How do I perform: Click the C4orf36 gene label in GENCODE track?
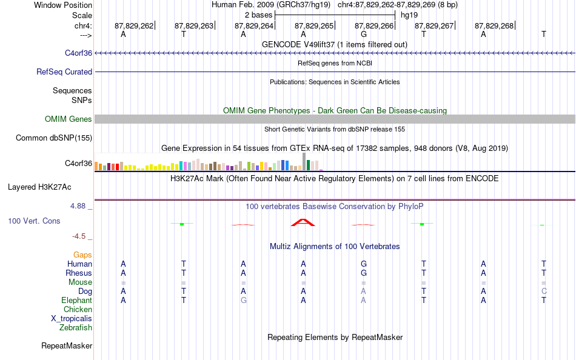(x=78, y=53)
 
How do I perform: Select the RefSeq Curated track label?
(x=64, y=72)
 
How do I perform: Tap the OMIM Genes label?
(x=68, y=119)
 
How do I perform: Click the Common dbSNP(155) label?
(x=53, y=138)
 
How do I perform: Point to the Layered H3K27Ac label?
(x=39, y=187)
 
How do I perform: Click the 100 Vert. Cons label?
(x=34, y=221)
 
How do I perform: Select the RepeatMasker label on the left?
(x=67, y=346)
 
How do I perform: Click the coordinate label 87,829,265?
(x=314, y=25)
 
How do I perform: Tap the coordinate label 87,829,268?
(x=494, y=25)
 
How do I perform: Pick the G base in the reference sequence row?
(x=363, y=35)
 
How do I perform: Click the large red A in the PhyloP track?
(x=303, y=222)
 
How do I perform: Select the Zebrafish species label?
(x=76, y=328)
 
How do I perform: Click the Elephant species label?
(x=76, y=301)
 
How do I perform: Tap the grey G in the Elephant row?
(x=243, y=301)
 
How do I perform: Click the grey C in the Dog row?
(x=544, y=292)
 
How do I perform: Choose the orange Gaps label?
(x=82, y=255)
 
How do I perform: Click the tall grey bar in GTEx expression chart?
(x=304, y=162)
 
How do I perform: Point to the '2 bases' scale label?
(x=259, y=15)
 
